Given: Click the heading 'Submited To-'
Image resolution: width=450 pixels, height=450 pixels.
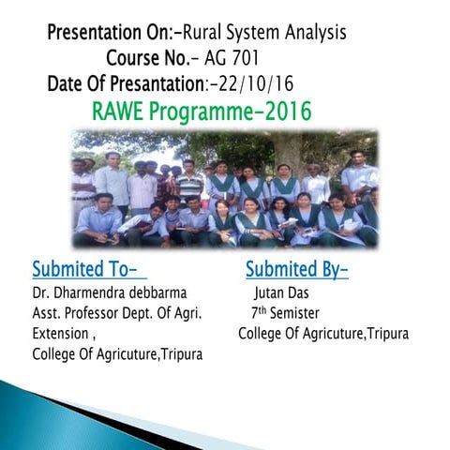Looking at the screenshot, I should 89,270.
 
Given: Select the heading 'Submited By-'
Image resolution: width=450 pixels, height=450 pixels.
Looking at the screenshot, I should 296,270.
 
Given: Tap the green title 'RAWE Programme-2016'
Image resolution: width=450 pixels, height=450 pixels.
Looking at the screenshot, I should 202,112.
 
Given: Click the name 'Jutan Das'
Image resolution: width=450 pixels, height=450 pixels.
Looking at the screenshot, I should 282,293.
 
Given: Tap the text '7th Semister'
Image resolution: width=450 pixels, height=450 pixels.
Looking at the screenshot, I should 285,313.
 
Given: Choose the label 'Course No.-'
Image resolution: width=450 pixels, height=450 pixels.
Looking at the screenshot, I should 152,58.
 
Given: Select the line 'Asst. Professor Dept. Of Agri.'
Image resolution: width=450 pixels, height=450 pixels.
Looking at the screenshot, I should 118,313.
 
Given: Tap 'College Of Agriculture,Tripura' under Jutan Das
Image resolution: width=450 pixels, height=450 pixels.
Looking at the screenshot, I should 323,334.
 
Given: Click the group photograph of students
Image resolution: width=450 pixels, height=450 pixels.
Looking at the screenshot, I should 225,188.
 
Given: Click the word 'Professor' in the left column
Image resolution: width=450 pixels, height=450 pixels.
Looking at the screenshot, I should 97,313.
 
